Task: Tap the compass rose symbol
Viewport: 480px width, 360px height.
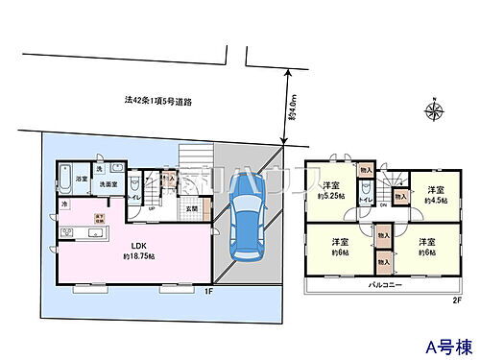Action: (x=433, y=113)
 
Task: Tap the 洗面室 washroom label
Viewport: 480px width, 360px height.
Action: (x=107, y=183)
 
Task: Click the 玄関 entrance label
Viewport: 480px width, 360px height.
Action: (x=191, y=208)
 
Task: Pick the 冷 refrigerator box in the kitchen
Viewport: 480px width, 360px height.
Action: (x=65, y=204)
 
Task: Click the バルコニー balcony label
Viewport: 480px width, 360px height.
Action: (x=384, y=285)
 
